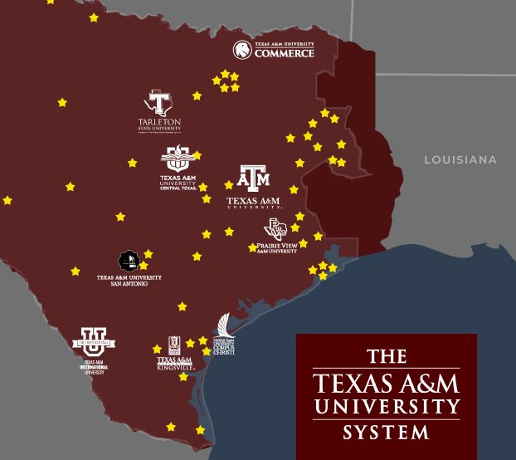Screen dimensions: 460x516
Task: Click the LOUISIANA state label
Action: (460, 159)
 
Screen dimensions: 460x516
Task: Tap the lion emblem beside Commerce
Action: (242, 50)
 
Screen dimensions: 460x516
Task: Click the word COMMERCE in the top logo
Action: (284, 54)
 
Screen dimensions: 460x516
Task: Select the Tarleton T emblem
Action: (158, 104)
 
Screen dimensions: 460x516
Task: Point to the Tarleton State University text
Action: (159, 125)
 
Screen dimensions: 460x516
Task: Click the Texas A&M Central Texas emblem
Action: (178, 158)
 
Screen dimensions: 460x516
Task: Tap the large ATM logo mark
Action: (254, 178)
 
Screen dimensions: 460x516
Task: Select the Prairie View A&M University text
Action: (277, 247)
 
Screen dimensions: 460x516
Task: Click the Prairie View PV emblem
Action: (275, 228)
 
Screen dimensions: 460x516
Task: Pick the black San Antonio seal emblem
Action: (129, 261)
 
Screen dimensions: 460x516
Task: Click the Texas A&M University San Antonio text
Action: (129, 281)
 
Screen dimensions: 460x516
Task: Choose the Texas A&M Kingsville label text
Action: (174, 363)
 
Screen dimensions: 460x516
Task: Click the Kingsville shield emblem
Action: (174, 345)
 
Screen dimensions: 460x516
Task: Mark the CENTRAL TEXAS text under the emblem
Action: (178, 188)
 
